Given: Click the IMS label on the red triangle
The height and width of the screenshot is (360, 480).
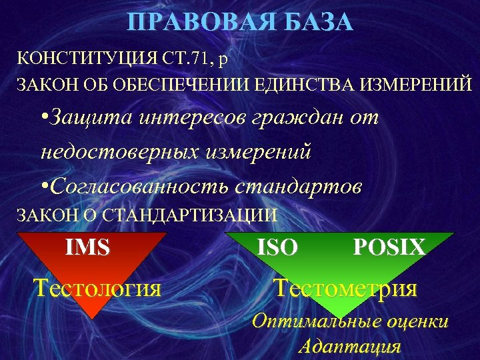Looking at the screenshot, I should [x=87, y=247].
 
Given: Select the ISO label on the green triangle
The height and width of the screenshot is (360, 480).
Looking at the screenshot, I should [x=277, y=248].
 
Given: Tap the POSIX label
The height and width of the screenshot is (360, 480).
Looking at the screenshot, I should [x=389, y=248].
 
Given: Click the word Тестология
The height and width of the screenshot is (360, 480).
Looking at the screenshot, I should [x=97, y=288].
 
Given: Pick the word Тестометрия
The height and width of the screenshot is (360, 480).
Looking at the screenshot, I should [x=345, y=288].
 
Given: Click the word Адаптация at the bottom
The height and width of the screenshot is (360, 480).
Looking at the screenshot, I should [x=349, y=347].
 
